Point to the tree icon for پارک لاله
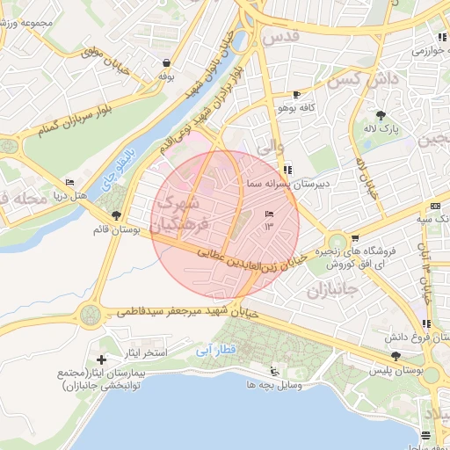coord(380,115)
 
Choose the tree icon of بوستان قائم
coord(116,215)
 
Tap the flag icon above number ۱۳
coord(269,214)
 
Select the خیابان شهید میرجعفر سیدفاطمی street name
coord(185,312)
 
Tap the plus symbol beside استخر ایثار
coord(102,359)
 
